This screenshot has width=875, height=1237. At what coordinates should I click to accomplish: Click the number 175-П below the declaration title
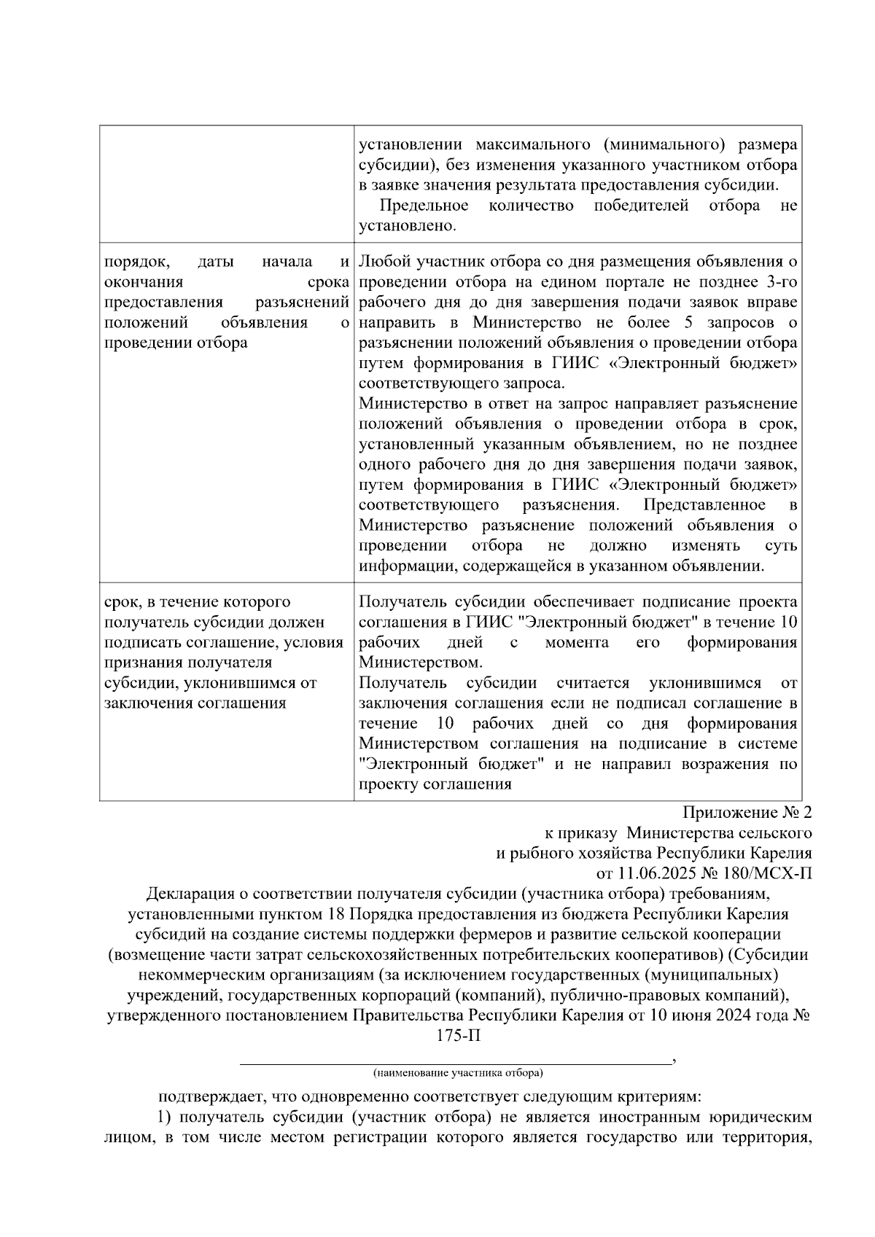458,1036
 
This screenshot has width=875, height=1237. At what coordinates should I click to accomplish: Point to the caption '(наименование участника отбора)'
457,1073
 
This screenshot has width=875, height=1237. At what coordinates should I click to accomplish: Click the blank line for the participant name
457,1061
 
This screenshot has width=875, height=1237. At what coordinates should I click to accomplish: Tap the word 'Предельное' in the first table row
424,206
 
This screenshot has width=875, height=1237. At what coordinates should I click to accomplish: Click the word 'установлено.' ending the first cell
407,226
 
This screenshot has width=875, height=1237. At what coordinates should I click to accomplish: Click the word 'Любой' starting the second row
381,261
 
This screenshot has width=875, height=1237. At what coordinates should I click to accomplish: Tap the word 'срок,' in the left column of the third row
125,602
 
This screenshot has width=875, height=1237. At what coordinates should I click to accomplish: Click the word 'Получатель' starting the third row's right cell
402,602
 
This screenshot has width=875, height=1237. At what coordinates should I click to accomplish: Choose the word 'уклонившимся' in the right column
704,683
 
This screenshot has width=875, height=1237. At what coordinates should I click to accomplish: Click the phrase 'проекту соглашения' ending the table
435,784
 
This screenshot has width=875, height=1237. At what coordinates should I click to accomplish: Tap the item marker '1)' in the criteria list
165,1117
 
